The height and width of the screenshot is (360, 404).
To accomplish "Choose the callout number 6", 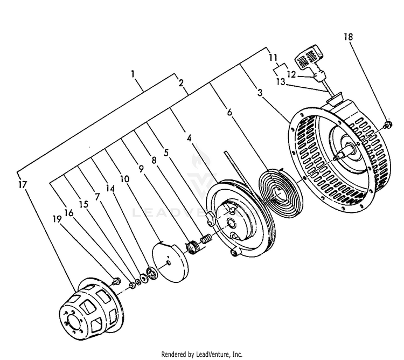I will [229, 112].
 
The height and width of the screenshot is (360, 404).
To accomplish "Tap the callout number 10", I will [124, 179].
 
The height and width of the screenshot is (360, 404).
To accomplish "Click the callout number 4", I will [189, 138].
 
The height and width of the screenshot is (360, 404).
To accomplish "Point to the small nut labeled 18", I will [387, 126].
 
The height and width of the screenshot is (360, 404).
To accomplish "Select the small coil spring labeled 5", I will [205, 238].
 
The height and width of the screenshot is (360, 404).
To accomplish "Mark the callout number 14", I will [110, 189].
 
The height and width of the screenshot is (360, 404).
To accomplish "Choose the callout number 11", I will [273, 56].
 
